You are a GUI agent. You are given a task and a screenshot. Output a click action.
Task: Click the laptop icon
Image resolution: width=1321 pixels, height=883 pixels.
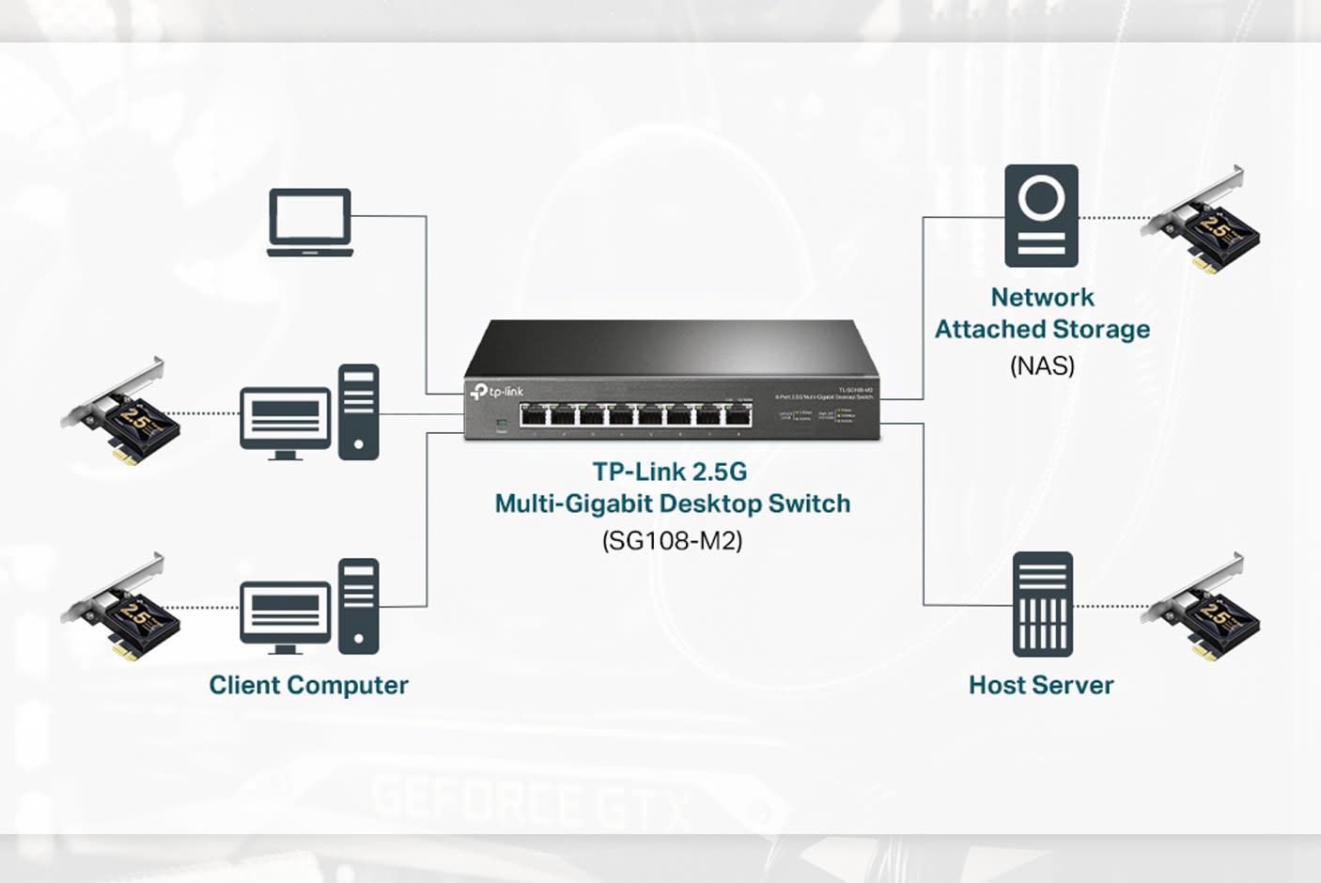tap(310, 223)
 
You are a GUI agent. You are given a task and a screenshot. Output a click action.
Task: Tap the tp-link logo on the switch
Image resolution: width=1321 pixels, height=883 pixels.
tap(497, 391)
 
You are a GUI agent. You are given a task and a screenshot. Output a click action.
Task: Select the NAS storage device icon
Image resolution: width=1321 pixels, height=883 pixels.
tap(1041, 216)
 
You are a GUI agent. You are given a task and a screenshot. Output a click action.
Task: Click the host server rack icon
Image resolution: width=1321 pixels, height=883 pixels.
tap(1042, 604)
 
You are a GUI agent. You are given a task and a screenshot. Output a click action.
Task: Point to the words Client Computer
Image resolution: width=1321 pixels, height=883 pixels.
tap(308, 685)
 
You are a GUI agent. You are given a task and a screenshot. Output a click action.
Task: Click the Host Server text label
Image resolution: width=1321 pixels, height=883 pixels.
tap(1041, 685)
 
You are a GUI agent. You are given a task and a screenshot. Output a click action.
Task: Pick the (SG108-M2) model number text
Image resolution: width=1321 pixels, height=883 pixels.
tap(672, 540)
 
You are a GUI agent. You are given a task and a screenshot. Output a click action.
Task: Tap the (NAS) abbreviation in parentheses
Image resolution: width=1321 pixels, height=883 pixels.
tap(1042, 365)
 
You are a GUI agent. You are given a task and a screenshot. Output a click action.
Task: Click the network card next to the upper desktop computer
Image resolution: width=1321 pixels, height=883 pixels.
tap(122, 414)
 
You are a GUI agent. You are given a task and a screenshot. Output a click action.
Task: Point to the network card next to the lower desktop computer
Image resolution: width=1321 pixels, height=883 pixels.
tap(122, 610)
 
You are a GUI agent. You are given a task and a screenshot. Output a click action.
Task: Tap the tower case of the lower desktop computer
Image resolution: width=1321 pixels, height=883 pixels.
tap(359, 606)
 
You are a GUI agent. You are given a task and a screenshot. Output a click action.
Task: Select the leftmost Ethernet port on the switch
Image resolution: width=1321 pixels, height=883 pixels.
tap(535, 415)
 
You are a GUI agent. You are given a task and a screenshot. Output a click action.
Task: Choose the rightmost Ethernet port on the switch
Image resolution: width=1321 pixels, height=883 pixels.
tap(738, 415)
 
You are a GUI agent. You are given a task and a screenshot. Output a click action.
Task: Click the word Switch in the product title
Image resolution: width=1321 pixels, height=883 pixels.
tap(809, 503)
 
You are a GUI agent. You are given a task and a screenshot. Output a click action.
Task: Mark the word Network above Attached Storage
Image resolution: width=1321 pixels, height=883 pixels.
tap(1042, 297)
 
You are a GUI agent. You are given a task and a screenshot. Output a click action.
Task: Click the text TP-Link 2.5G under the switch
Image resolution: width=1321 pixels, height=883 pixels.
tap(670, 472)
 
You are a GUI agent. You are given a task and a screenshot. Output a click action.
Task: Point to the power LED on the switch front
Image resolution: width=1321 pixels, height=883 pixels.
tap(502, 424)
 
